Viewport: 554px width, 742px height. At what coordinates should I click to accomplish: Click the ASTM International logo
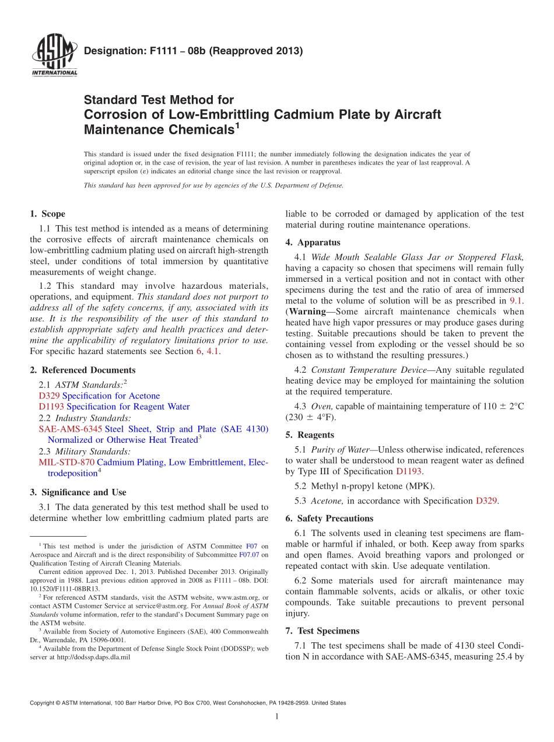pos(54,55)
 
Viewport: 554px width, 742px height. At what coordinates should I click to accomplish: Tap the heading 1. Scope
pos(47,214)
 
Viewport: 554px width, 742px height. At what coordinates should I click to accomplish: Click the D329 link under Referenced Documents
pos(49,396)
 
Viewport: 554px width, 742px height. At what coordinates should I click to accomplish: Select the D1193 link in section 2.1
pos(51,407)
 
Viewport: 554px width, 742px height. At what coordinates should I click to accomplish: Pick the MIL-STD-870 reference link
pos(66,463)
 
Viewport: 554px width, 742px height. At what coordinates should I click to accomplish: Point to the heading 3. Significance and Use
pos(78,492)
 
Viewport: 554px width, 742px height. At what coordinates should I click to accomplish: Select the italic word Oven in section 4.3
pos(321,406)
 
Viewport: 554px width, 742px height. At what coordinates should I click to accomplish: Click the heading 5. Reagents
pos(310,435)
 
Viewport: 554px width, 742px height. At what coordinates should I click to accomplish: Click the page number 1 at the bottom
pos(277,717)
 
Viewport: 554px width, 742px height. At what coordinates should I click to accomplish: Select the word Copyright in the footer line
pos(44,703)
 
